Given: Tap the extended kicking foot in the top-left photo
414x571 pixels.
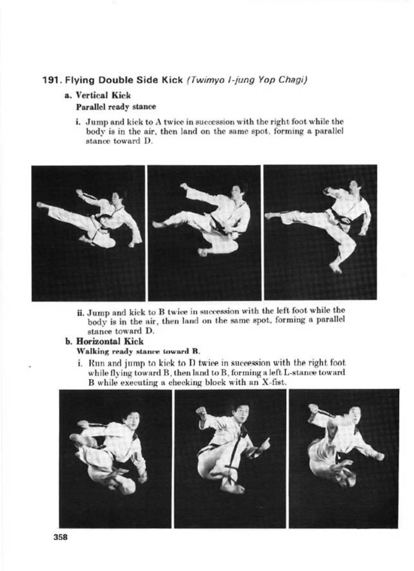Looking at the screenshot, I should (x=42, y=205).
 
